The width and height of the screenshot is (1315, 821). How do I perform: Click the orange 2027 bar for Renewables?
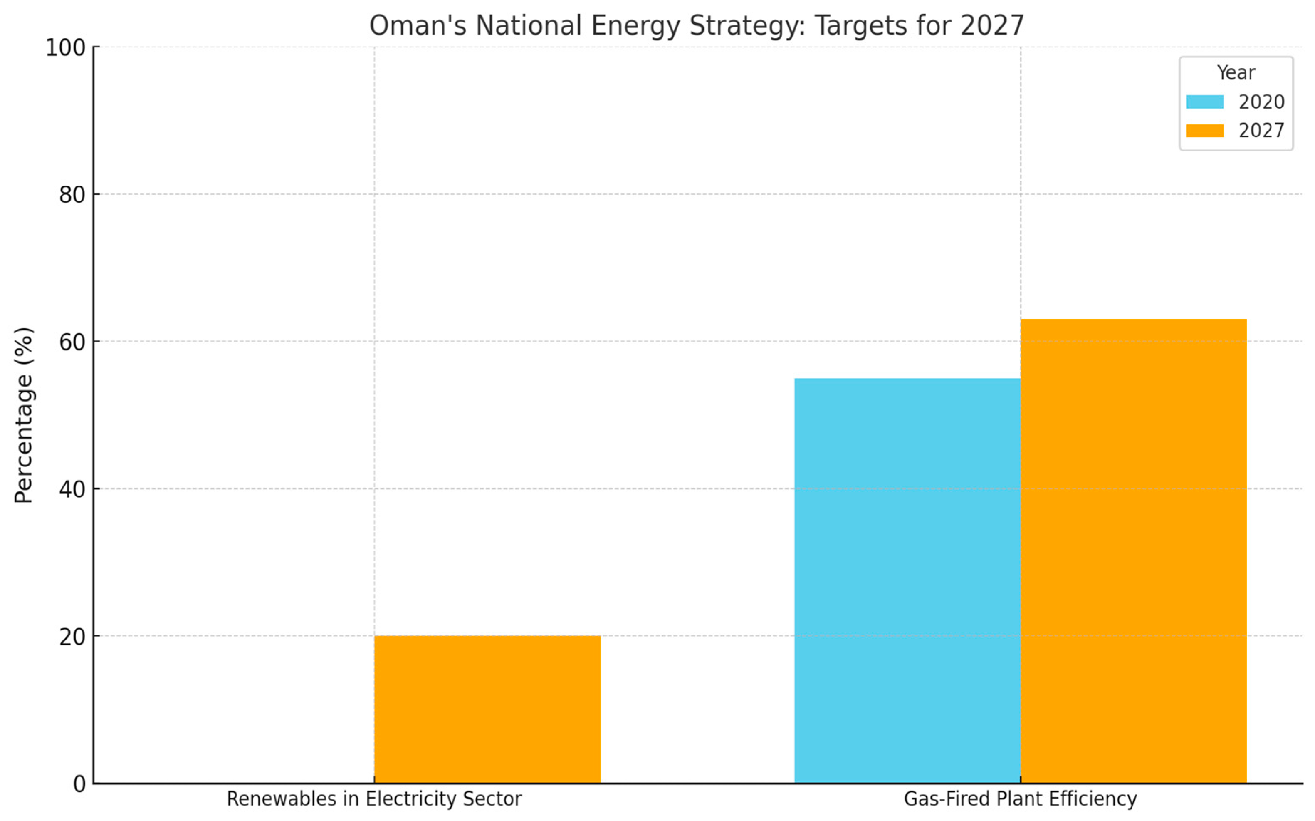[487, 709]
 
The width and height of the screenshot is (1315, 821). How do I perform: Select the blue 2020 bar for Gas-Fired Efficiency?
[907, 580]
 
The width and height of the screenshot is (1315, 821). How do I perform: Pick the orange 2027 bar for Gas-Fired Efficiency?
[1133, 551]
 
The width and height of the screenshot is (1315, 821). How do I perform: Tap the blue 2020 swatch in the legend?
[1204, 102]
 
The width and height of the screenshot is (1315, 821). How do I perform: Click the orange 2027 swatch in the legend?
[1204, 131]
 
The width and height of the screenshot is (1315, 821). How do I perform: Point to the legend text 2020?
[1261, 102]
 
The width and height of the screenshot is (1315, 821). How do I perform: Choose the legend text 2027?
[1261, 131]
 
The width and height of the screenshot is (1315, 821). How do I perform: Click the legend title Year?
[1235, 73]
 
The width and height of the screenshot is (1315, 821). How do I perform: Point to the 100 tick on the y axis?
[65, 48]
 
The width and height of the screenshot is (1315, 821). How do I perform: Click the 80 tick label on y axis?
[72, 195]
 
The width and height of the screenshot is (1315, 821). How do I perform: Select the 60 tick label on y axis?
[72, 342]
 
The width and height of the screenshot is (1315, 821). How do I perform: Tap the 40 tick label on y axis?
[72, 490]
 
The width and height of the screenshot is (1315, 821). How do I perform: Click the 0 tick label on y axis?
[79, 784]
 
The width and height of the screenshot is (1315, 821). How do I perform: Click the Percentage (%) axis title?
[24, 415]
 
